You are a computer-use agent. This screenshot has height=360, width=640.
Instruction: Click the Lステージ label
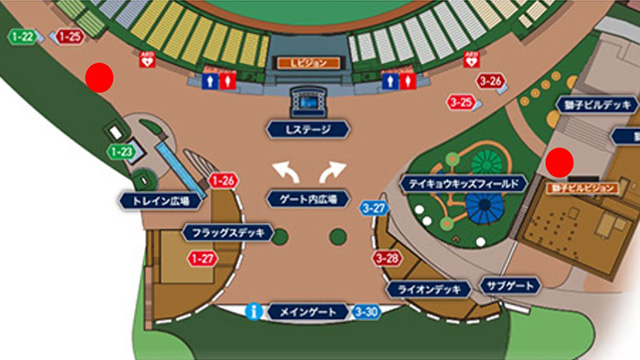pyautogui.click(x=308, y=129)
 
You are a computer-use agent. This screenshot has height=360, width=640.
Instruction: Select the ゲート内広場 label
pyautogui.click(x=307, y=200)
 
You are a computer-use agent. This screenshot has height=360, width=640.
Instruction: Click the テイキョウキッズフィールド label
pyautogui.click(x=462, y=185)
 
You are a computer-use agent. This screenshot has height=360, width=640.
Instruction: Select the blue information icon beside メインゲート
pyautogui.click(x=256, y=312)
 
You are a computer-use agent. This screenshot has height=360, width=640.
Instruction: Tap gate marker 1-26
pyautogui.click(x=223, y=181)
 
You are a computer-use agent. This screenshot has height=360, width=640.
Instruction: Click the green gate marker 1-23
pyautogui.click(x=122, y=152)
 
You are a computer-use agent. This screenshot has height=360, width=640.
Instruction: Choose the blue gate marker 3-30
pyautogui.click(x=367, y=312)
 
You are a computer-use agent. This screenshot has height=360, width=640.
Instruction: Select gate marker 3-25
pyautogui.click(x=461, y=102)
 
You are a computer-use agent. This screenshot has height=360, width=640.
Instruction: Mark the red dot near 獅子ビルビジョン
pyautogui.click(x=560, y=159)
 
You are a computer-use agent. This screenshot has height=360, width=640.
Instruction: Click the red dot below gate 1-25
pyautogui.click(x=98, y=75)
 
